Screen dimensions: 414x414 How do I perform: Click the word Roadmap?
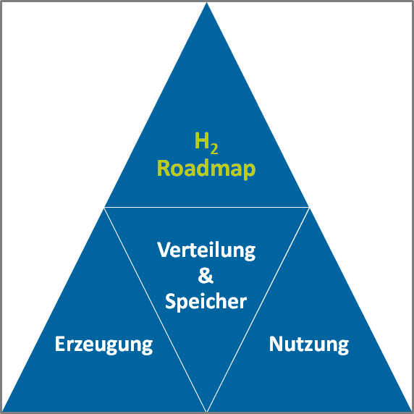point(206,169)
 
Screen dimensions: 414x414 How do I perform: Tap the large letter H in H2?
point(202,140)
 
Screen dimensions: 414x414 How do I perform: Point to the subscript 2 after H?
point(214,149)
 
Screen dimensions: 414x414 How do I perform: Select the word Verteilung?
point(206,251)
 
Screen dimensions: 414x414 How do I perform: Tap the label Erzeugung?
point(103,344)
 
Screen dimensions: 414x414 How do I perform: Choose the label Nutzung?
point(309,344)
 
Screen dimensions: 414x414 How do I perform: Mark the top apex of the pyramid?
point(207,3)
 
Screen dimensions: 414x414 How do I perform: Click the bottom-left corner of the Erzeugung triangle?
point(3,411)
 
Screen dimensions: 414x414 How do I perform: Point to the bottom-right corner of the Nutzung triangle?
point(411,411)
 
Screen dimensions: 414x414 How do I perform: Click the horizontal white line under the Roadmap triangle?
point(207,208)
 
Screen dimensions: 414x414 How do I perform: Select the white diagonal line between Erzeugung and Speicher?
point(156,310)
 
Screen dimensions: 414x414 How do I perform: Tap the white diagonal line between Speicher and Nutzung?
point(258,310)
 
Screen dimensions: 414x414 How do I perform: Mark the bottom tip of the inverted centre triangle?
point(207,411)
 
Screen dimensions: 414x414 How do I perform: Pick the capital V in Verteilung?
point(164,249)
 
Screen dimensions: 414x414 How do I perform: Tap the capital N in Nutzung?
point(276,344)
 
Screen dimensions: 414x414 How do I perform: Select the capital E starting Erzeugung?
point(60,344)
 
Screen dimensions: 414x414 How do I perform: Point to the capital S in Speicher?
point(171,301)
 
